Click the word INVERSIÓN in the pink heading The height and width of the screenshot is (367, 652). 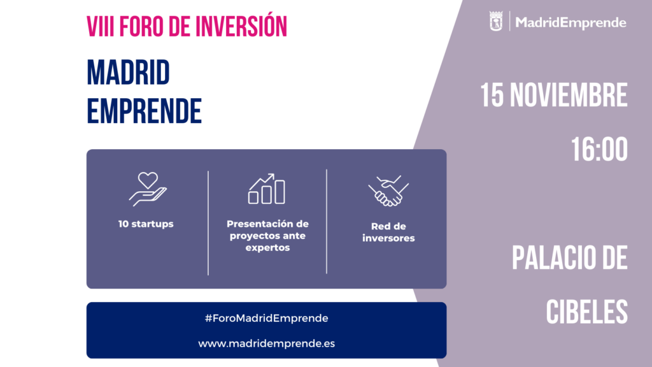click(241, 25)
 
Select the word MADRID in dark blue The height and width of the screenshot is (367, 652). click(128, 73)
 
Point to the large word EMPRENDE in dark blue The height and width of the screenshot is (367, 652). click(144, 111)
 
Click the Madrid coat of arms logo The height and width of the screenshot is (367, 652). click(496, 21)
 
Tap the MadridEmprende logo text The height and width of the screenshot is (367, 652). click(570, 22)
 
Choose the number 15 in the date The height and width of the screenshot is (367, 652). click(492, 96)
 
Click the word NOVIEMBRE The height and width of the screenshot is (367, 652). click(569, 96)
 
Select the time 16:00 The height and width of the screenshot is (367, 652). click(599, 149)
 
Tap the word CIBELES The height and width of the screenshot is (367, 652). click(586, 312)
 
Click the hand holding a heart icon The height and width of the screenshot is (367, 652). click(148, 189)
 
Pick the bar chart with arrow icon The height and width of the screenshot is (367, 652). click(267, 189)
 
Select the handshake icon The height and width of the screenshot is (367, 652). click(388, 191)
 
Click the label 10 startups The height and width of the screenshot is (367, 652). click(146, 224)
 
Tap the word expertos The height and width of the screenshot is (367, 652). click(267, 248)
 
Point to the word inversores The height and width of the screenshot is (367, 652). click(388, 238)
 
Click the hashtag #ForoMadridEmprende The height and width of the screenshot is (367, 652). click(267, 319)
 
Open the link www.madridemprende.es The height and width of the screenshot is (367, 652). click(267, 343)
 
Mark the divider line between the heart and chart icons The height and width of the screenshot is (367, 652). click(208, 222)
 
